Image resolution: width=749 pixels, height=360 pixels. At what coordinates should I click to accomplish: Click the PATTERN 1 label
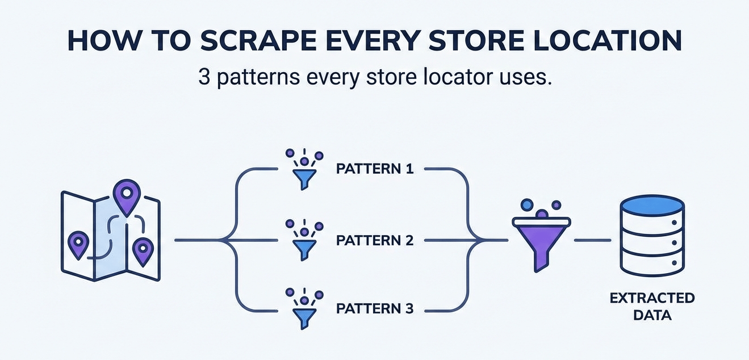[x=375, y=169]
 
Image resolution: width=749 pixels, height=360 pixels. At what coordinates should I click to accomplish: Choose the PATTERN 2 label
[x=375, y=240]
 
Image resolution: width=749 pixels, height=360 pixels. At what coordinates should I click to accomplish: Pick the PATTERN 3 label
[x=375, y=309]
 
